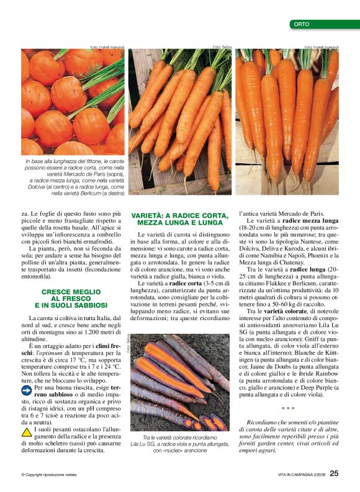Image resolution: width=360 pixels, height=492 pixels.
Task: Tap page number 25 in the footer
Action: point(334,474)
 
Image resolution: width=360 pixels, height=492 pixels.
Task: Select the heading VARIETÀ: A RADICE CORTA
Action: point(177,218)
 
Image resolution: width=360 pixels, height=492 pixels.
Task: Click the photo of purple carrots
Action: point(180,382)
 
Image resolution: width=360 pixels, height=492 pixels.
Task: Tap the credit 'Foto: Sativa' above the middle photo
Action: point(222,47)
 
